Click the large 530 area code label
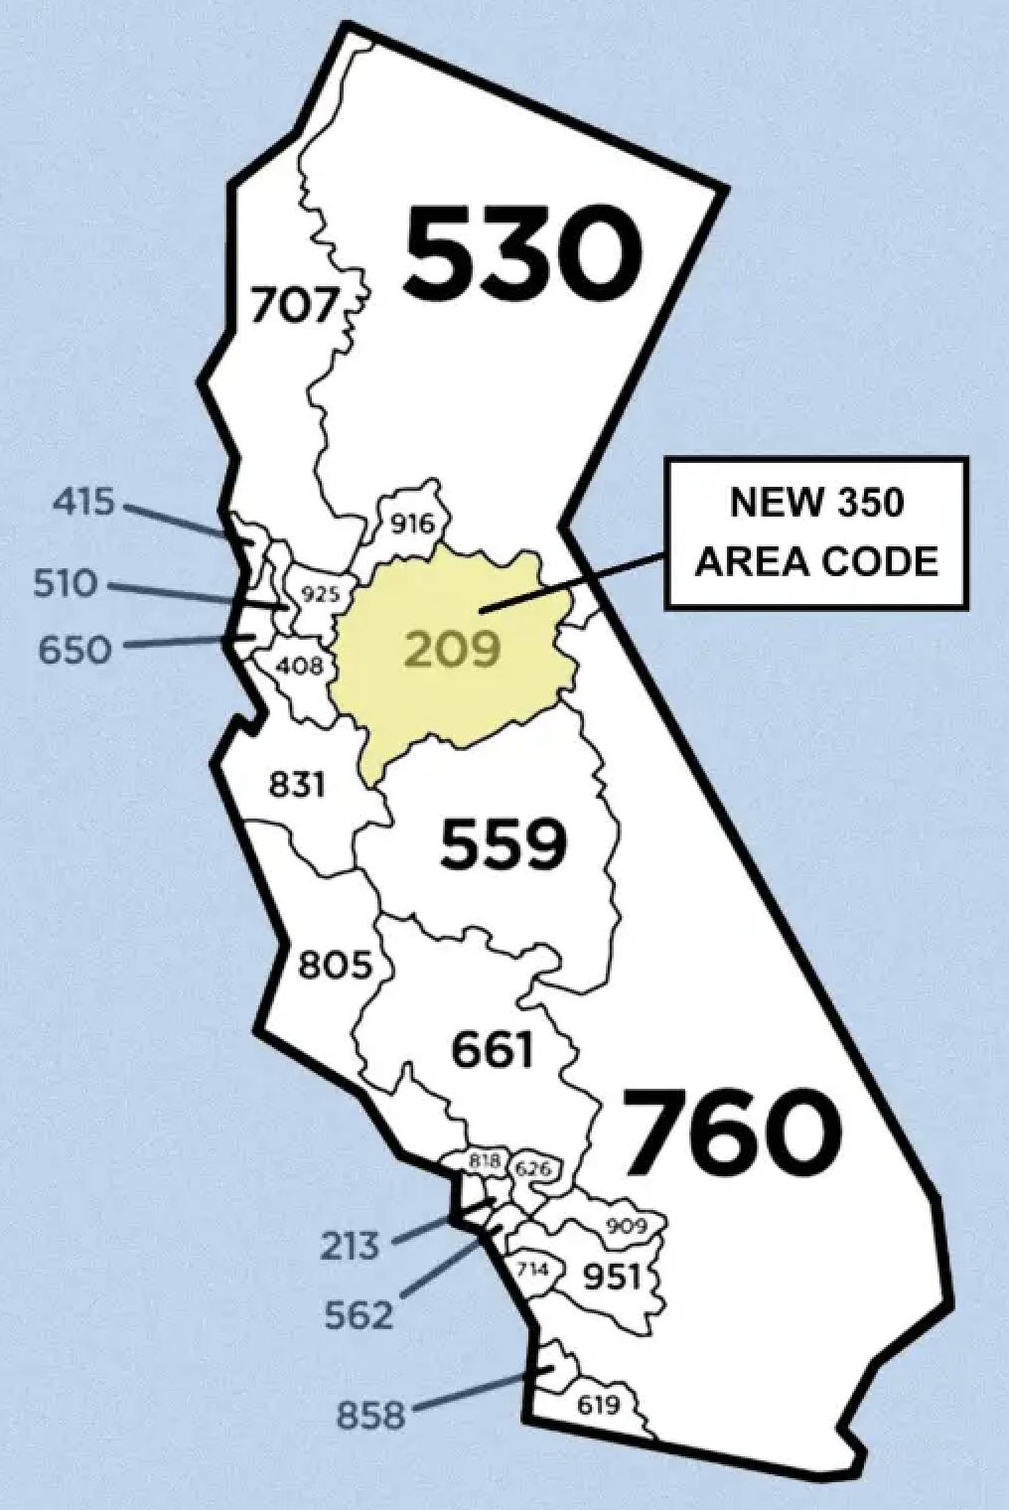coord(520,254)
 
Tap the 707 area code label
coord(295,305)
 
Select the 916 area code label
coord(411,523)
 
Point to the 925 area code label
coord(321,595)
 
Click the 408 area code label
coord(299,665)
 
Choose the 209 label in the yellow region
coord(452,650)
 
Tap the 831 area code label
coord(297,784)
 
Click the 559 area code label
coord(504,843)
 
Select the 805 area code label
coord(336,964)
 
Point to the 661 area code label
coord(493,1050)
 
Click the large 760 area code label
coord(732,1132)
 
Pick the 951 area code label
coord(611,1276)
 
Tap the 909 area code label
coord(627,1226)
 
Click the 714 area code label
coord(533,1269)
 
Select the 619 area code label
coord(598,1405)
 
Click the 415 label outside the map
coord(83,502)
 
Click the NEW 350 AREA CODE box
coord(815,532)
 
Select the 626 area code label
coord(533,1168)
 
